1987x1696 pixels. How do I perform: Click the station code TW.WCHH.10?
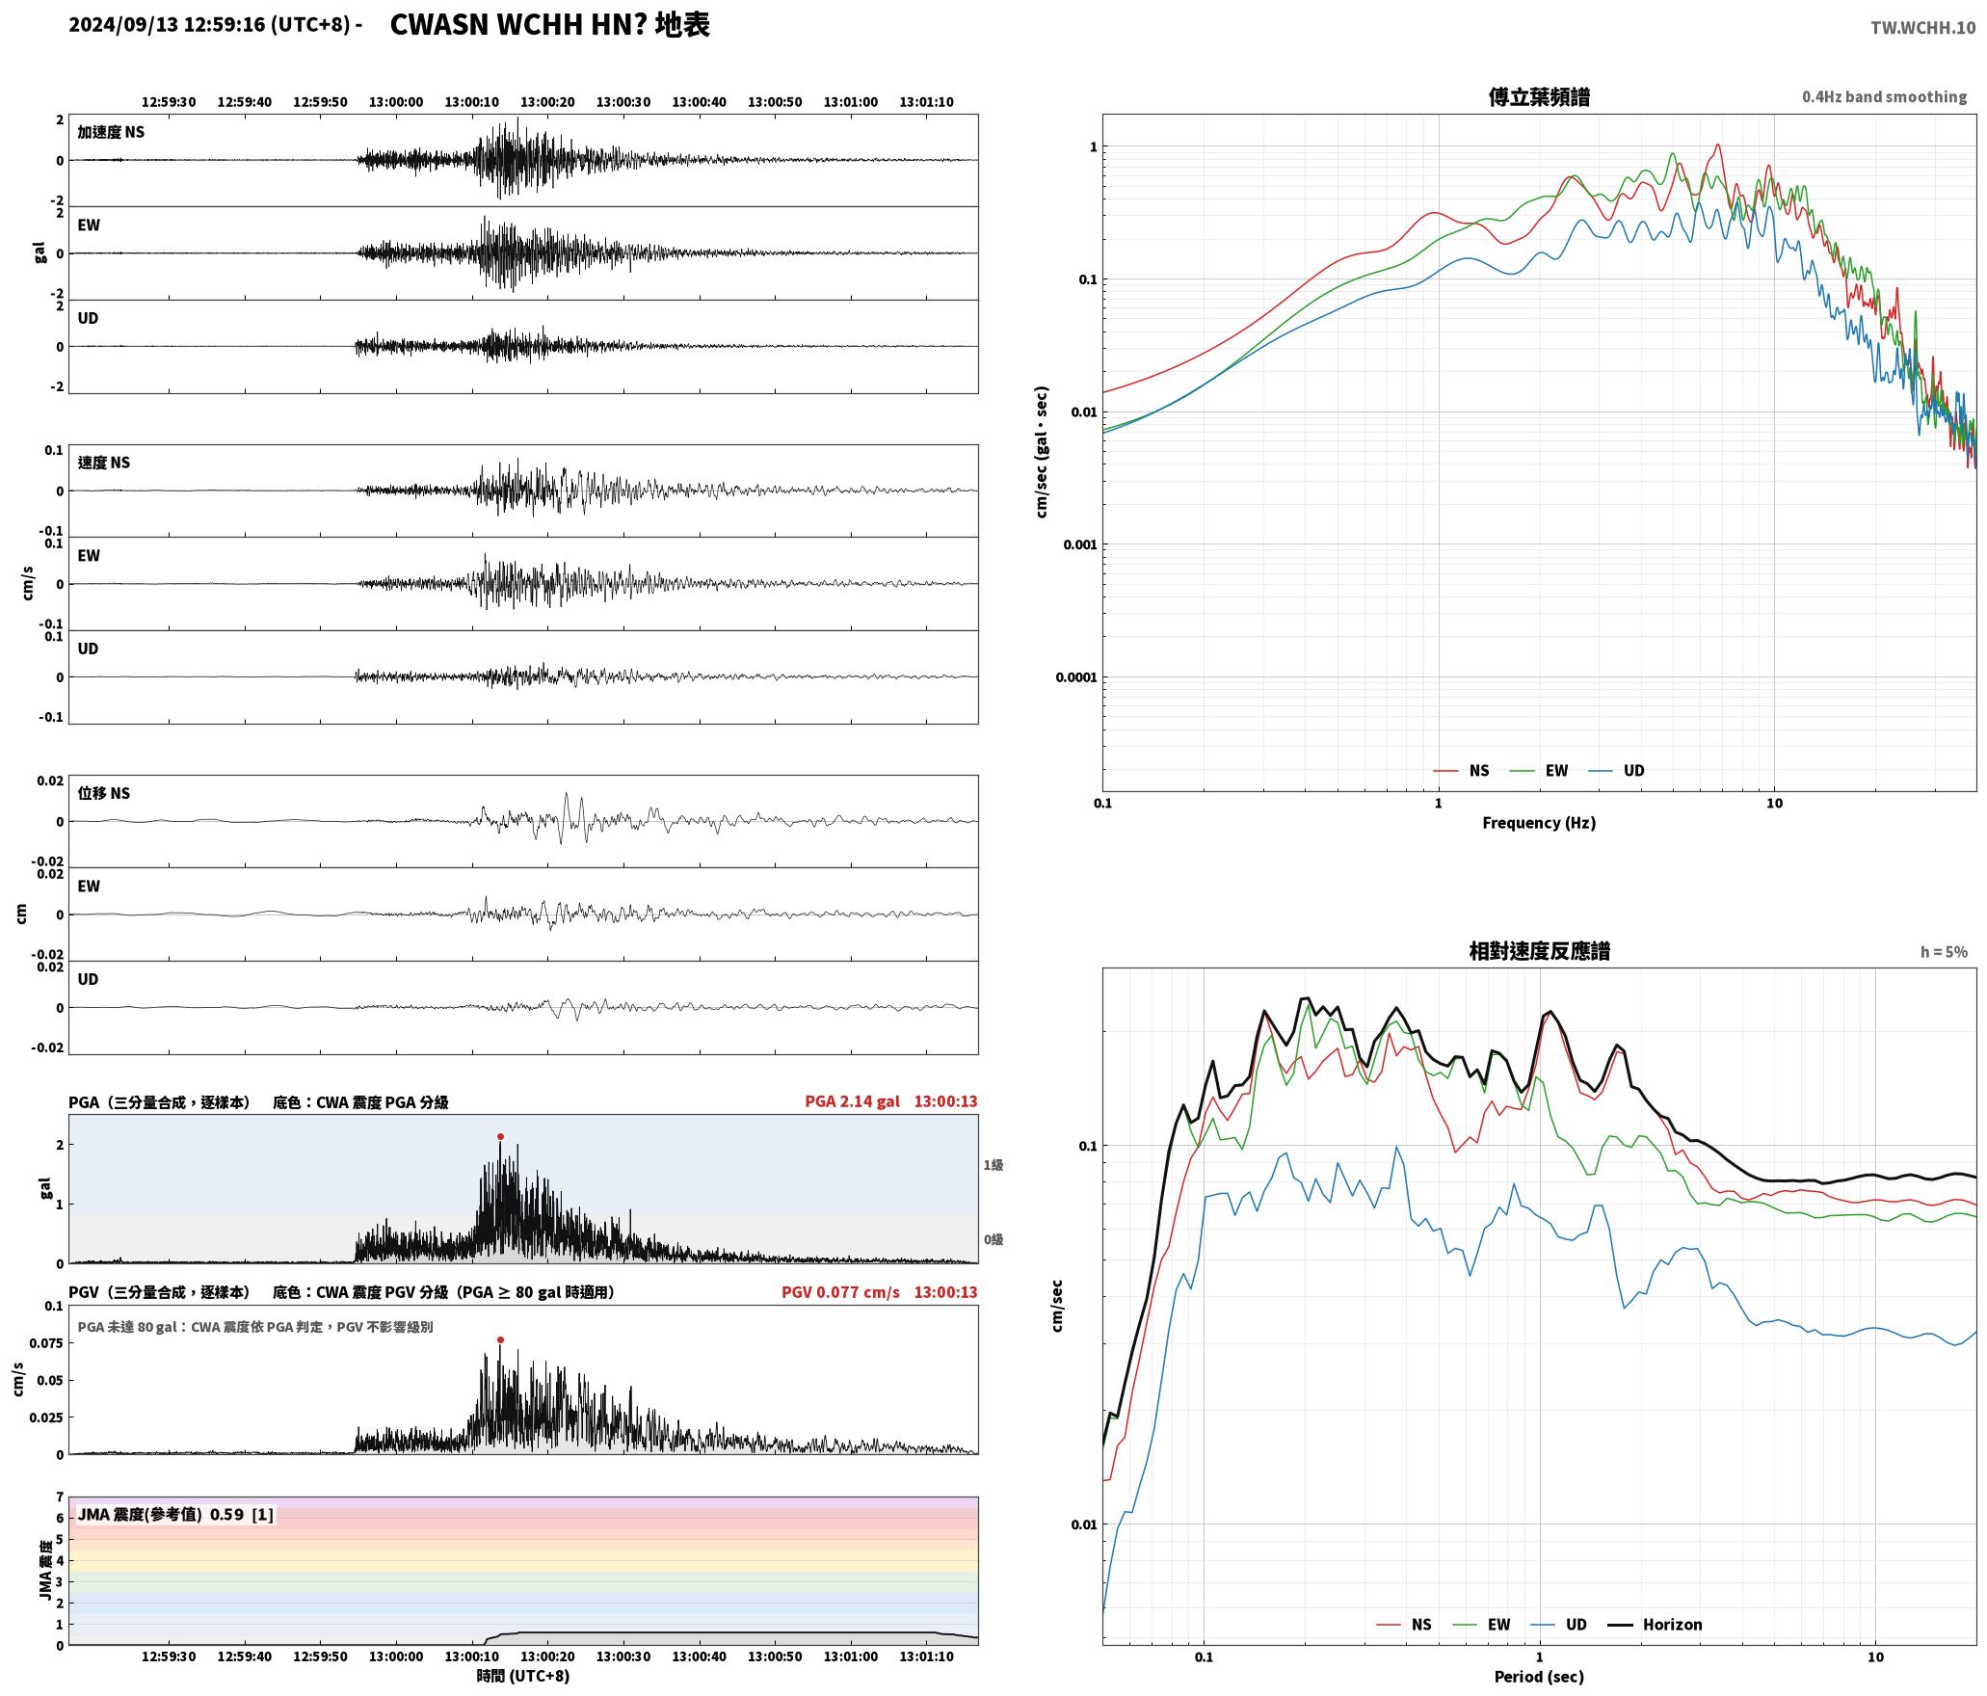pyautogui.click(x=1922, y=28)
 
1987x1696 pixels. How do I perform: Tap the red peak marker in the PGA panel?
pyautogui.click(x=500, y=1137)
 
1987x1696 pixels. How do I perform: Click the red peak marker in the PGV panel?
pyautogui.click(x=500, y=1340)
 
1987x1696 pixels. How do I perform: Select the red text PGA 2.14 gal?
pyautogui.click(x=852, y=1101)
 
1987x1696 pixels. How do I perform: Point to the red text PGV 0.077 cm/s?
pyautogui.click(x=840, y=1292)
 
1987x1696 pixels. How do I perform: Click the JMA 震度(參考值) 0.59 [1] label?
pyautogui.click(x=175, y=1515)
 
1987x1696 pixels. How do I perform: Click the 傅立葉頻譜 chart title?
pyautogui.click(x=1539, y=97)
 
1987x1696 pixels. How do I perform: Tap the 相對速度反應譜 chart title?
pyautogui.click(x=1539, y=951)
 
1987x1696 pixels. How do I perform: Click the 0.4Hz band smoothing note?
pyautogui.click(x=1884, y=97)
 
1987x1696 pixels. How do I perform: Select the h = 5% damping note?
pyautogui.click(x=1944, y=952)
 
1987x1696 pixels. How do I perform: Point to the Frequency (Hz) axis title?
pyautogui.click(x=1539, y=823)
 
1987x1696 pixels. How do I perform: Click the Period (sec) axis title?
pyautogui.click(x=1539, y=1677)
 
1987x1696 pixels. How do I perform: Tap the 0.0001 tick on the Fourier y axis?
pyautogui.click(x=1075, y=677)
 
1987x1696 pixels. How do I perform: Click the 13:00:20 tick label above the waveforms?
pyautogui.click(x=547, y=102)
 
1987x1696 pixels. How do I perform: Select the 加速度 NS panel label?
pyautogui.click(x=111, y=132)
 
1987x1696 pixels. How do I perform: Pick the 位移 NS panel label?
pyautogui.click(x=103, y=793)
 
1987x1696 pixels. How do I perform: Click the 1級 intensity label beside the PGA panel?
pyautogui.click(x=993, y=1165)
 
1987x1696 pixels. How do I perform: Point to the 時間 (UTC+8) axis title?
pyautogui.click(x=523, y=1676)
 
